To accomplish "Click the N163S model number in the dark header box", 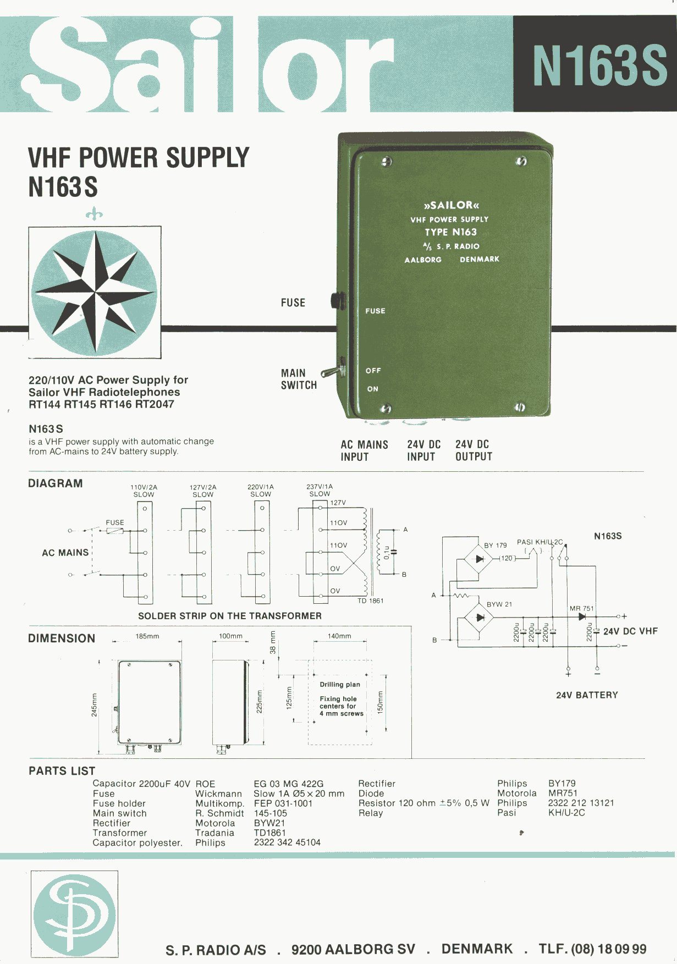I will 599,65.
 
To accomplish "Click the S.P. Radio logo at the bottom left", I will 74,914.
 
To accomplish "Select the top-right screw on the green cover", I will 521,161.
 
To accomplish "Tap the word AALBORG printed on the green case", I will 423,260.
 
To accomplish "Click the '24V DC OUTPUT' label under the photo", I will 474,450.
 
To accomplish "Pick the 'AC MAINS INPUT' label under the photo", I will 364,450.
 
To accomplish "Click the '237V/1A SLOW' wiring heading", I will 320,490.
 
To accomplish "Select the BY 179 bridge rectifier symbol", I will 479,559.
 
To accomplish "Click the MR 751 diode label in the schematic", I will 581,608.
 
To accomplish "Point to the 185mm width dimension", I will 147,636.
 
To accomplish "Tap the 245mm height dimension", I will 94,704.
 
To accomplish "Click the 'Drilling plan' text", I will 340,685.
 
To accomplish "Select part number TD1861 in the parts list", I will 269,833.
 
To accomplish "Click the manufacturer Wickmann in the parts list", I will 218,794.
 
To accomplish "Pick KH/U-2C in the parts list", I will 566,813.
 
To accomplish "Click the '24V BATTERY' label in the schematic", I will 587,695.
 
